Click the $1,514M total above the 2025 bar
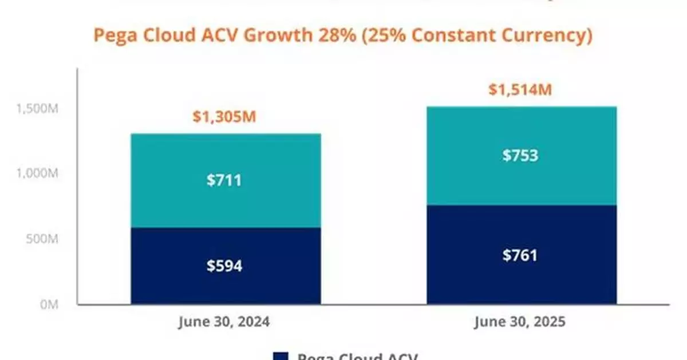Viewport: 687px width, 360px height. coord(520,90)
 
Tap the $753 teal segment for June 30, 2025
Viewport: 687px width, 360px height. coord(520,156)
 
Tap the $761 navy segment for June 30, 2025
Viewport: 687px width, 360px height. coord(520,255)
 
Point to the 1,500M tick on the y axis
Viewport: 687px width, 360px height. coord(37,109)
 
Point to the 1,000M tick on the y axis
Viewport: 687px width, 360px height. coord(37,173)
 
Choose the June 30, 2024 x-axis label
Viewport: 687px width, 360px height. coord(224,322)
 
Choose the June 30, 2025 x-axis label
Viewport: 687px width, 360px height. coord(520,322)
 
